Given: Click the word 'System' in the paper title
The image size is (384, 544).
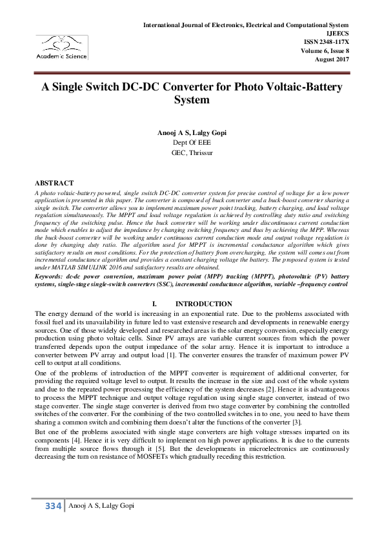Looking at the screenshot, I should point(192,100).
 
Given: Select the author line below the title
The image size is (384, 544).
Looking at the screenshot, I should point(192,132).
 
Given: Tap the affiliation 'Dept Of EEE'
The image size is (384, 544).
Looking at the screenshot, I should point(192,142).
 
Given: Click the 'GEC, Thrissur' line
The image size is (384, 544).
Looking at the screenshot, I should point(192,152).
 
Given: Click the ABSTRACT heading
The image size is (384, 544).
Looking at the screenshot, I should point(54,183).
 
